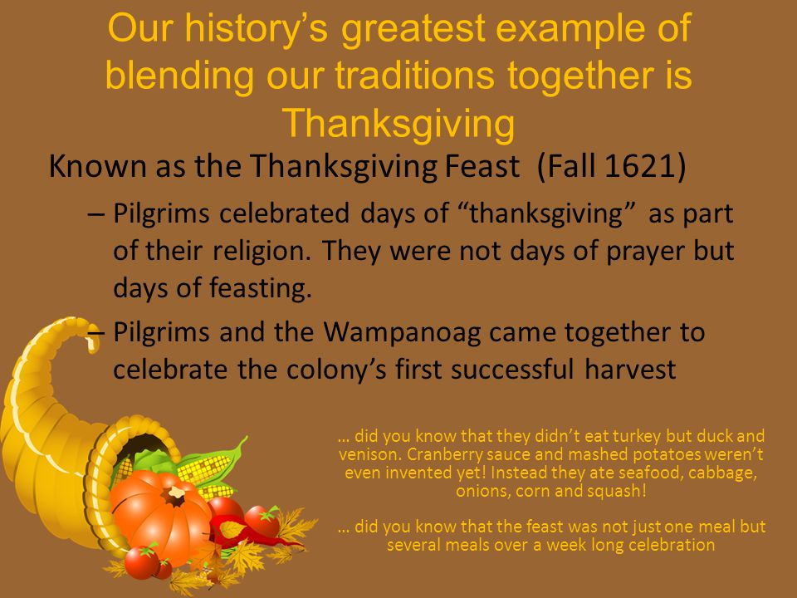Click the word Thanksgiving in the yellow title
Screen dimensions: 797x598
pyautogui.click(x=398, y=123)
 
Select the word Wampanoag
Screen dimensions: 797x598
pyautogui.click(x=402, y=333)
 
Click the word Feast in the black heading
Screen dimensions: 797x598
pyautogui.click(x=482, y=166)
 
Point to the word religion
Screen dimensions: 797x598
pyautogui.click(x=262, y=251)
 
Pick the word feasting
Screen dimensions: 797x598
pyautogui.click(x=261, y=288)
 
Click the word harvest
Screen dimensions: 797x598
pyautogui.click(x=630, y=370)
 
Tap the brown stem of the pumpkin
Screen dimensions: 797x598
pyautogui.click(x=174, y=495)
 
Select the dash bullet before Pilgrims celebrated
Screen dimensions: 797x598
pyautogui.click(x=96, y=214)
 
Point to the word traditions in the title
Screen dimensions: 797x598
pyautogui.click(x=415, y=76)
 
